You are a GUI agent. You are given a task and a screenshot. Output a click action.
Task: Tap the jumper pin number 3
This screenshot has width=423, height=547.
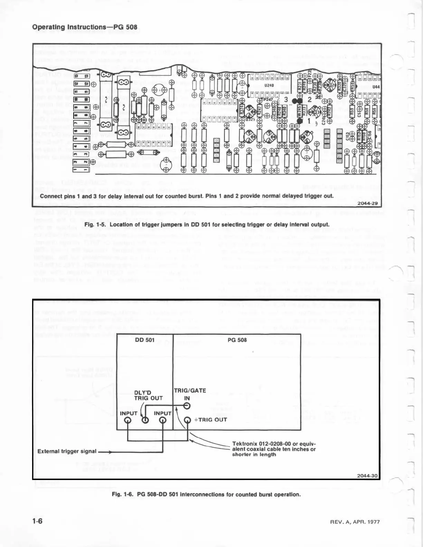pyautogui.click(x=286, y=99)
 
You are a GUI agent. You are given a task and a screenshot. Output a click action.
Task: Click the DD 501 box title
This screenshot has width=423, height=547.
pyautogui.click(x=145, y=340)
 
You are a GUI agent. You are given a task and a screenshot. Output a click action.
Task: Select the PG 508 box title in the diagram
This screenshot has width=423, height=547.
pyautogui.click(x=237, y=340)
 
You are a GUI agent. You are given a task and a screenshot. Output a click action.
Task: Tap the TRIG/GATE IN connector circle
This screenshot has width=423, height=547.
pyautogui.click(x=187, y=406)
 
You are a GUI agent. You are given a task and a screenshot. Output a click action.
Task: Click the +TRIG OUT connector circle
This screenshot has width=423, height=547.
pyautogui.click(x=187, y=420)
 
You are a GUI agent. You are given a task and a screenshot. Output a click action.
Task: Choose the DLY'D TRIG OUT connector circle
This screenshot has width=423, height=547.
pyautogui.click(x=145, y=420)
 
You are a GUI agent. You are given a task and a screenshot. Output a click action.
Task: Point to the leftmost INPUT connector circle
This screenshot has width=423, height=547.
pyautogui.click(x=128, y=420)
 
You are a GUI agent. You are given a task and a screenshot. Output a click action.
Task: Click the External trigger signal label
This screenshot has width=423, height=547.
pyautogui.click(x=67, y=451)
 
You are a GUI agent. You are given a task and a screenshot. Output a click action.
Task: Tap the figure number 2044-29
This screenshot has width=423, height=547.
pyautogui.click(x=367, y=203)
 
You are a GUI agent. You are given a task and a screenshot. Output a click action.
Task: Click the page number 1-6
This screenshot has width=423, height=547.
pyautogui.click(x=37, y=521)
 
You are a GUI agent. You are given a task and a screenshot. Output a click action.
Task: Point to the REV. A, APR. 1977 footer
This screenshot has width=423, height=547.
pyautogui.click(x=355, y=522)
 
